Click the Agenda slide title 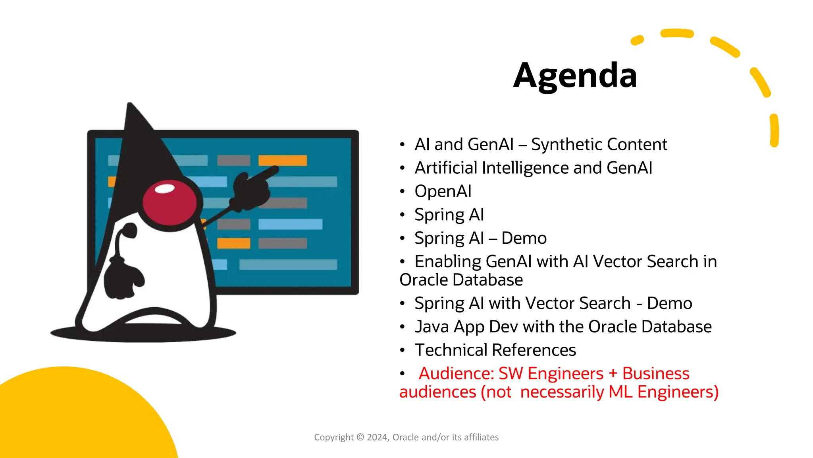click(x=575, y=76)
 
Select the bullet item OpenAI click(x=443, y=191)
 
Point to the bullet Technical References click(x=495, y=350)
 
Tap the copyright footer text click(x=406, y=437)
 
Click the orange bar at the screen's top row click(x=282, y=161)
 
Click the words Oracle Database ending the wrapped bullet click(x=461, y=280)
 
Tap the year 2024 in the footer click(x=377, y=437)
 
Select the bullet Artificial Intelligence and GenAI click(x=533, y=168)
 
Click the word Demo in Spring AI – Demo click(x=524, y=238)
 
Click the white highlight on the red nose click(x=165, y=189)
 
